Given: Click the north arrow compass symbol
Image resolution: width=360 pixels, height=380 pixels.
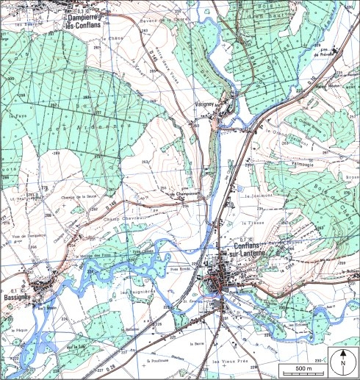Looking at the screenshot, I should point(342,361).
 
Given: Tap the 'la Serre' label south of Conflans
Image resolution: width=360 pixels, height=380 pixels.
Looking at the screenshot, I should point(195,343).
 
